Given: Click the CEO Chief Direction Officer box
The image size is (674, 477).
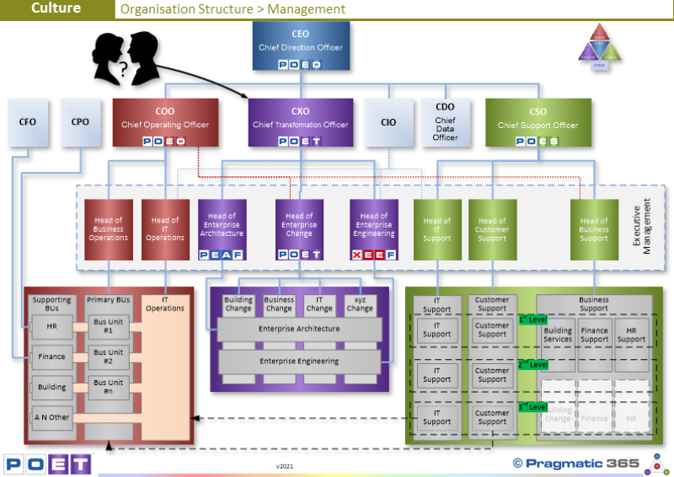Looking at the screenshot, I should pyautogui.click(x=300, y=46).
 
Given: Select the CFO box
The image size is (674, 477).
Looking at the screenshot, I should pyautogui.click(x=27, y=123).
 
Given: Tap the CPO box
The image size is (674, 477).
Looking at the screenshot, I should pyautogui.click(x=80, y=123).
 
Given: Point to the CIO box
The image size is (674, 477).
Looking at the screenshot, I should pyautogui.click(x=388, y=123).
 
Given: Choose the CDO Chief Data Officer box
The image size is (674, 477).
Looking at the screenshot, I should pyautogui.click(x=445, y=123).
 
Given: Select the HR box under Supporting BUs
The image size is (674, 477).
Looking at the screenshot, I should pyautogui.click(x=51, y=326).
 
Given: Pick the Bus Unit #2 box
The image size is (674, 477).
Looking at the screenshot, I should pyautogui.click(x=108, y=356).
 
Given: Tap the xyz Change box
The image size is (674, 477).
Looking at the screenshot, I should pyautogui.click(x=360, y=304).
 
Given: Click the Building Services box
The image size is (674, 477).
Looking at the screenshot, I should pyautogui.click(x=558, y=335).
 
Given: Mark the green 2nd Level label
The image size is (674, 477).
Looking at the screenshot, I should pyautogui.click(x=532, y=364).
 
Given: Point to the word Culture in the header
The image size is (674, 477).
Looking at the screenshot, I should pyautogui.click(x=56, y=8).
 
